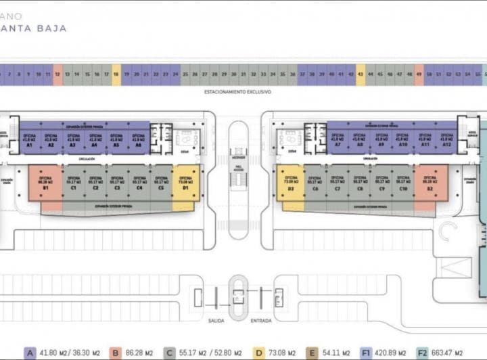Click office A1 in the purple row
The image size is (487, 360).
coord(30,140)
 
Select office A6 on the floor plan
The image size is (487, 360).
coord(139,140)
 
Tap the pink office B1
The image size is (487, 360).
coord(45,183)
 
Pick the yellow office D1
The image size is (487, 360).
coord(185,183)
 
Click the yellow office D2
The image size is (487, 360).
coord(290,183)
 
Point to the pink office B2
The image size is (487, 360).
coord(430,183)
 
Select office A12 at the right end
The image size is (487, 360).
coord(446,140)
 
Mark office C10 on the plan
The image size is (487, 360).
coord(403,183)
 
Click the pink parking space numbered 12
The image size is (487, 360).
coord(57,74)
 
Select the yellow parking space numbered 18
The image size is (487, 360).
coord(116,74)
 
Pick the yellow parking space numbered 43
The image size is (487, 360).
coord(361,74)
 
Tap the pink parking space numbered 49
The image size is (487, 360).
coord(419,74)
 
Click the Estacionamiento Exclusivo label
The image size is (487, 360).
coord(237,90)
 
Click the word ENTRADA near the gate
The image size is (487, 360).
coord(261,320)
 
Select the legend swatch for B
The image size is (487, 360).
coord(116,353)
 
